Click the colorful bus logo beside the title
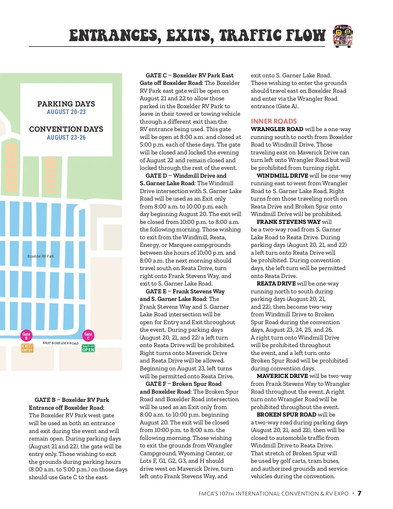(x=343, y=36)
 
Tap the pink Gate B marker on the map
(x=26, y=336)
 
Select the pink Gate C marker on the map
(x=88, y=336)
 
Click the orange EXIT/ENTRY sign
(x=27, y=348)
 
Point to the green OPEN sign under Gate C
(x=88, y=348)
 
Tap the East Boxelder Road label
(x=61, y=343)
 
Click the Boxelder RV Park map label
(x=41, y=256)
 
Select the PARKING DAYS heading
(x=66, y=104)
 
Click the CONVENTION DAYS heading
(x=66, y=129)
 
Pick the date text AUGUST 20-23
(x=66, y=112)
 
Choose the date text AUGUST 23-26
(x=66, y=138)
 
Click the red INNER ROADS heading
(x=274, y=121)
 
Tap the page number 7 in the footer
(x=359, y=493)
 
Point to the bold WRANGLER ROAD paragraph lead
(x=277, y=129)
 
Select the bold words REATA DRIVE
(x=276, y=284)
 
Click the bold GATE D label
(x=156, y=176)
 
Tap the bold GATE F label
(x=156, y=384)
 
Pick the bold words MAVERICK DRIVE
(x=282, y=376)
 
